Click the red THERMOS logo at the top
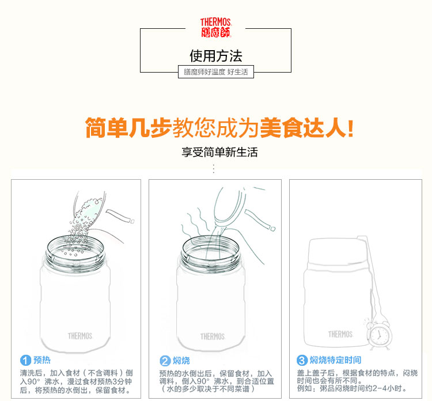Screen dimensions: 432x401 click(216, 27)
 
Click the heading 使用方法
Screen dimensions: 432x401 click(216, 56)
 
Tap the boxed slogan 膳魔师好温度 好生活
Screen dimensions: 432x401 click(216, 72)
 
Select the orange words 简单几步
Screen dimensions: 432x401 click(128, 127)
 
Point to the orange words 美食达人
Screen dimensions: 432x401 click(303, 127)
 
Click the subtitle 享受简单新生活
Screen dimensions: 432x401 click(219, 152)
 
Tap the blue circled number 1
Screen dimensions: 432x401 click(25, 360)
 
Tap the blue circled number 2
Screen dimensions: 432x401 click(165, 361)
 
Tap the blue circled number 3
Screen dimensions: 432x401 click(302, 360)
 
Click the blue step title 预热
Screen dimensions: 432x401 click(42, 360)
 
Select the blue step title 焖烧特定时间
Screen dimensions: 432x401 click(335, 360)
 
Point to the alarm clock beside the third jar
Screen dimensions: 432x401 click(378, 334)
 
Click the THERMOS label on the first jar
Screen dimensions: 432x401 click(80, 336)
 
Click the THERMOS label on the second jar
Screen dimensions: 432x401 click(213, 336)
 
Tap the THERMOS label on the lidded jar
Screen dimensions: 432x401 click(340, 334)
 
